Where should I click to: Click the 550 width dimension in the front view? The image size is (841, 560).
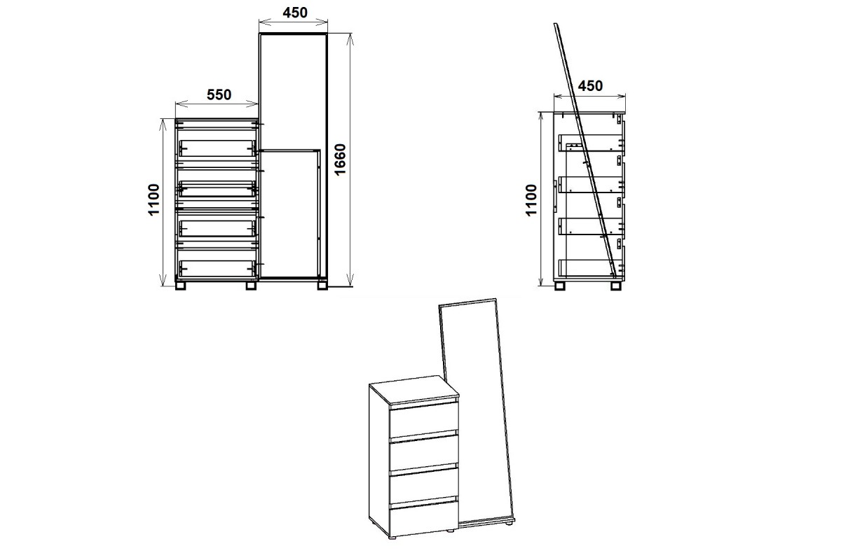[x=219, y=95]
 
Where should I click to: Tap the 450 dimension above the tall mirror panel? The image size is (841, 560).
[x=295, y=13]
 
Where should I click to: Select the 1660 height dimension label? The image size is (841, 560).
[x=340, y=160]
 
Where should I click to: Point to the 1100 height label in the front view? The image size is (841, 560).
[x=153, y=199]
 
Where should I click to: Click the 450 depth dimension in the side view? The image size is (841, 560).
[x=590, y=86]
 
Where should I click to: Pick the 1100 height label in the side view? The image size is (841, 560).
[x=531, y=200]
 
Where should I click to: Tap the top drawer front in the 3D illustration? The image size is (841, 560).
[x=424, y=420]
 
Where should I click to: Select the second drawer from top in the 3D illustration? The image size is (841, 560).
[x=424, y=452]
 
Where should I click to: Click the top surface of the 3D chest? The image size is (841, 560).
[x=414, y=390]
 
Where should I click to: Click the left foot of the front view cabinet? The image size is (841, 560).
[x=181, y=286]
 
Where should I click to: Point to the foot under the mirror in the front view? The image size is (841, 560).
[x=322, y=286]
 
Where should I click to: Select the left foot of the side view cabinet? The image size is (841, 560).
[x=560, y=286]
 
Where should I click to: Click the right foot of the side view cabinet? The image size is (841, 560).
[x=616, y=286]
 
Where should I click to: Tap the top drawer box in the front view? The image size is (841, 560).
[x=217, y=148]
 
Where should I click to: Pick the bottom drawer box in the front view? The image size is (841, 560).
[x=217, y=269]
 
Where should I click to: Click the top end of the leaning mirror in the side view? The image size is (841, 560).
[x=556, y=24]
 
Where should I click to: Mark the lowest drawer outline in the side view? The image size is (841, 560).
[x=590, y=268]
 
